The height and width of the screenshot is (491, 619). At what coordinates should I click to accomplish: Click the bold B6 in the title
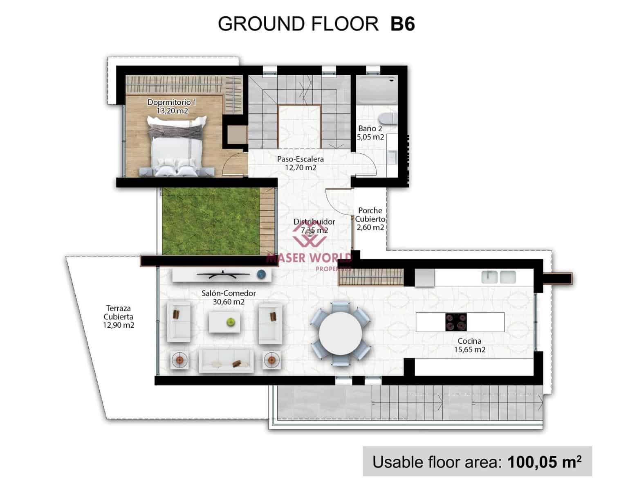coord(403,24)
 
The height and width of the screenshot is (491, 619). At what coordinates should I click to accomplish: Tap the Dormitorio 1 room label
coord(172,106)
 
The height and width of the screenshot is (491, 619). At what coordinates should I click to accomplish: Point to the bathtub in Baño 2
coord(376,90)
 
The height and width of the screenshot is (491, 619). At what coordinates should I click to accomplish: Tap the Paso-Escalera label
coord(301,163)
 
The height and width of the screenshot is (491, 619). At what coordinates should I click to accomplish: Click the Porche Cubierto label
coord(370,219)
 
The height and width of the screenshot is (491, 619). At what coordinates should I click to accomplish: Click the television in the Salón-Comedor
coord(223,275)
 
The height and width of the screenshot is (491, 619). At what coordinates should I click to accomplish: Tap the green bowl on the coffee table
coord(231,322)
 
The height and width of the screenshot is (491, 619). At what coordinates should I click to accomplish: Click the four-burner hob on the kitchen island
coord(456,322)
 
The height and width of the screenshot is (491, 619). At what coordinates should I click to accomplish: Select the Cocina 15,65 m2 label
coord(469,345)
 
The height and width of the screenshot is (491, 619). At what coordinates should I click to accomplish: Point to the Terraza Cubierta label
coord(119,317)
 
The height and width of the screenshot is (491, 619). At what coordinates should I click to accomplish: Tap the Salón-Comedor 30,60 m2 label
coord(229,297)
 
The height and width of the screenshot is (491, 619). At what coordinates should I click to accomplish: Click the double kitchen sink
coord(499,277)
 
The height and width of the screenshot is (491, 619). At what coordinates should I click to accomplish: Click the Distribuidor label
coord(314,226)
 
